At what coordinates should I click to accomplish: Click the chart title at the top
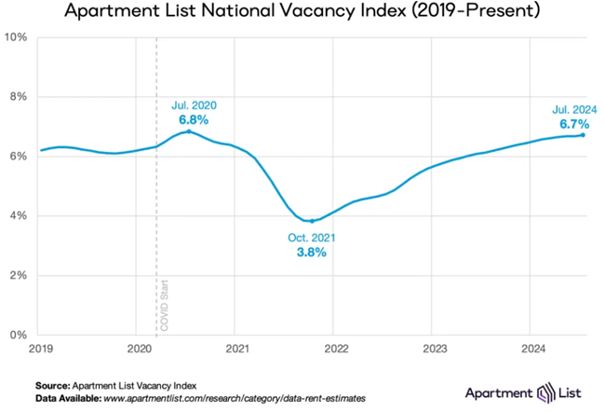tap(303, 13)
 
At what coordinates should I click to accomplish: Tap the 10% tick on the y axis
tap(17, 37)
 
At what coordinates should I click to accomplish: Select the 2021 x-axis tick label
tap(236, 349)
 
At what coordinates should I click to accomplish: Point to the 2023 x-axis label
tap(432, 349)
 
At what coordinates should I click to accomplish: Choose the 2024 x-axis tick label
tap(530, 349)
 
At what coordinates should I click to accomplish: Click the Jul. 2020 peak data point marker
tap(189, 131)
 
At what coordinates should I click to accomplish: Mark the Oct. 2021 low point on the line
tap(312, 221)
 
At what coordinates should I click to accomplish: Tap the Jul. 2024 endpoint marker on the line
tap(583, 135)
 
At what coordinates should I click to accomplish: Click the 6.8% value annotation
tap(194, 120)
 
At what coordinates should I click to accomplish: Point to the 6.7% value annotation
tap(573, 123)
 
